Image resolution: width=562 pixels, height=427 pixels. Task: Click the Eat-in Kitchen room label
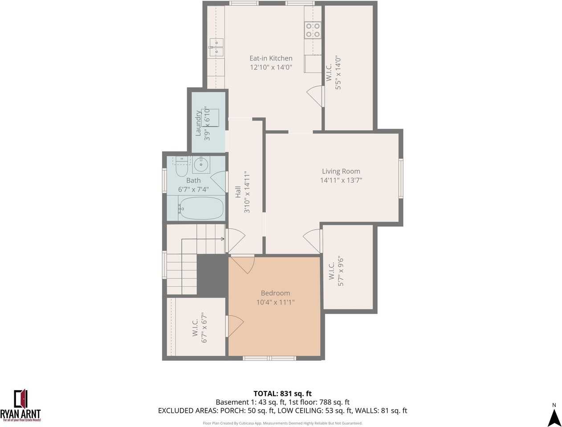click(271, 58)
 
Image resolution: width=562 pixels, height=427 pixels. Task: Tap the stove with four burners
click(313, 30)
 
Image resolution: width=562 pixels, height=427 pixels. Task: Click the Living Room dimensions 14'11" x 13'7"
click(341, 180)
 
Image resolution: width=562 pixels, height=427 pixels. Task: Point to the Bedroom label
click(275, 293)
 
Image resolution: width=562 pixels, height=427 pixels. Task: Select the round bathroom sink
click(201, 164)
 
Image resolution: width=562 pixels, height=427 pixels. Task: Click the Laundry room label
click(198, 123)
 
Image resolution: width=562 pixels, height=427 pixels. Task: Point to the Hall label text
click(238, 192)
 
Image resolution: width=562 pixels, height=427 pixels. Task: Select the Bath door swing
click(218, 182)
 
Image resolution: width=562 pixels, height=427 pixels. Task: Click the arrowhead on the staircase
click(222, 239)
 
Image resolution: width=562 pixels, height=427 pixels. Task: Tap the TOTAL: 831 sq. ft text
click(282, 393)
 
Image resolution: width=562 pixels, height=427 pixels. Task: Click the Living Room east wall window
click(401, 178)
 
